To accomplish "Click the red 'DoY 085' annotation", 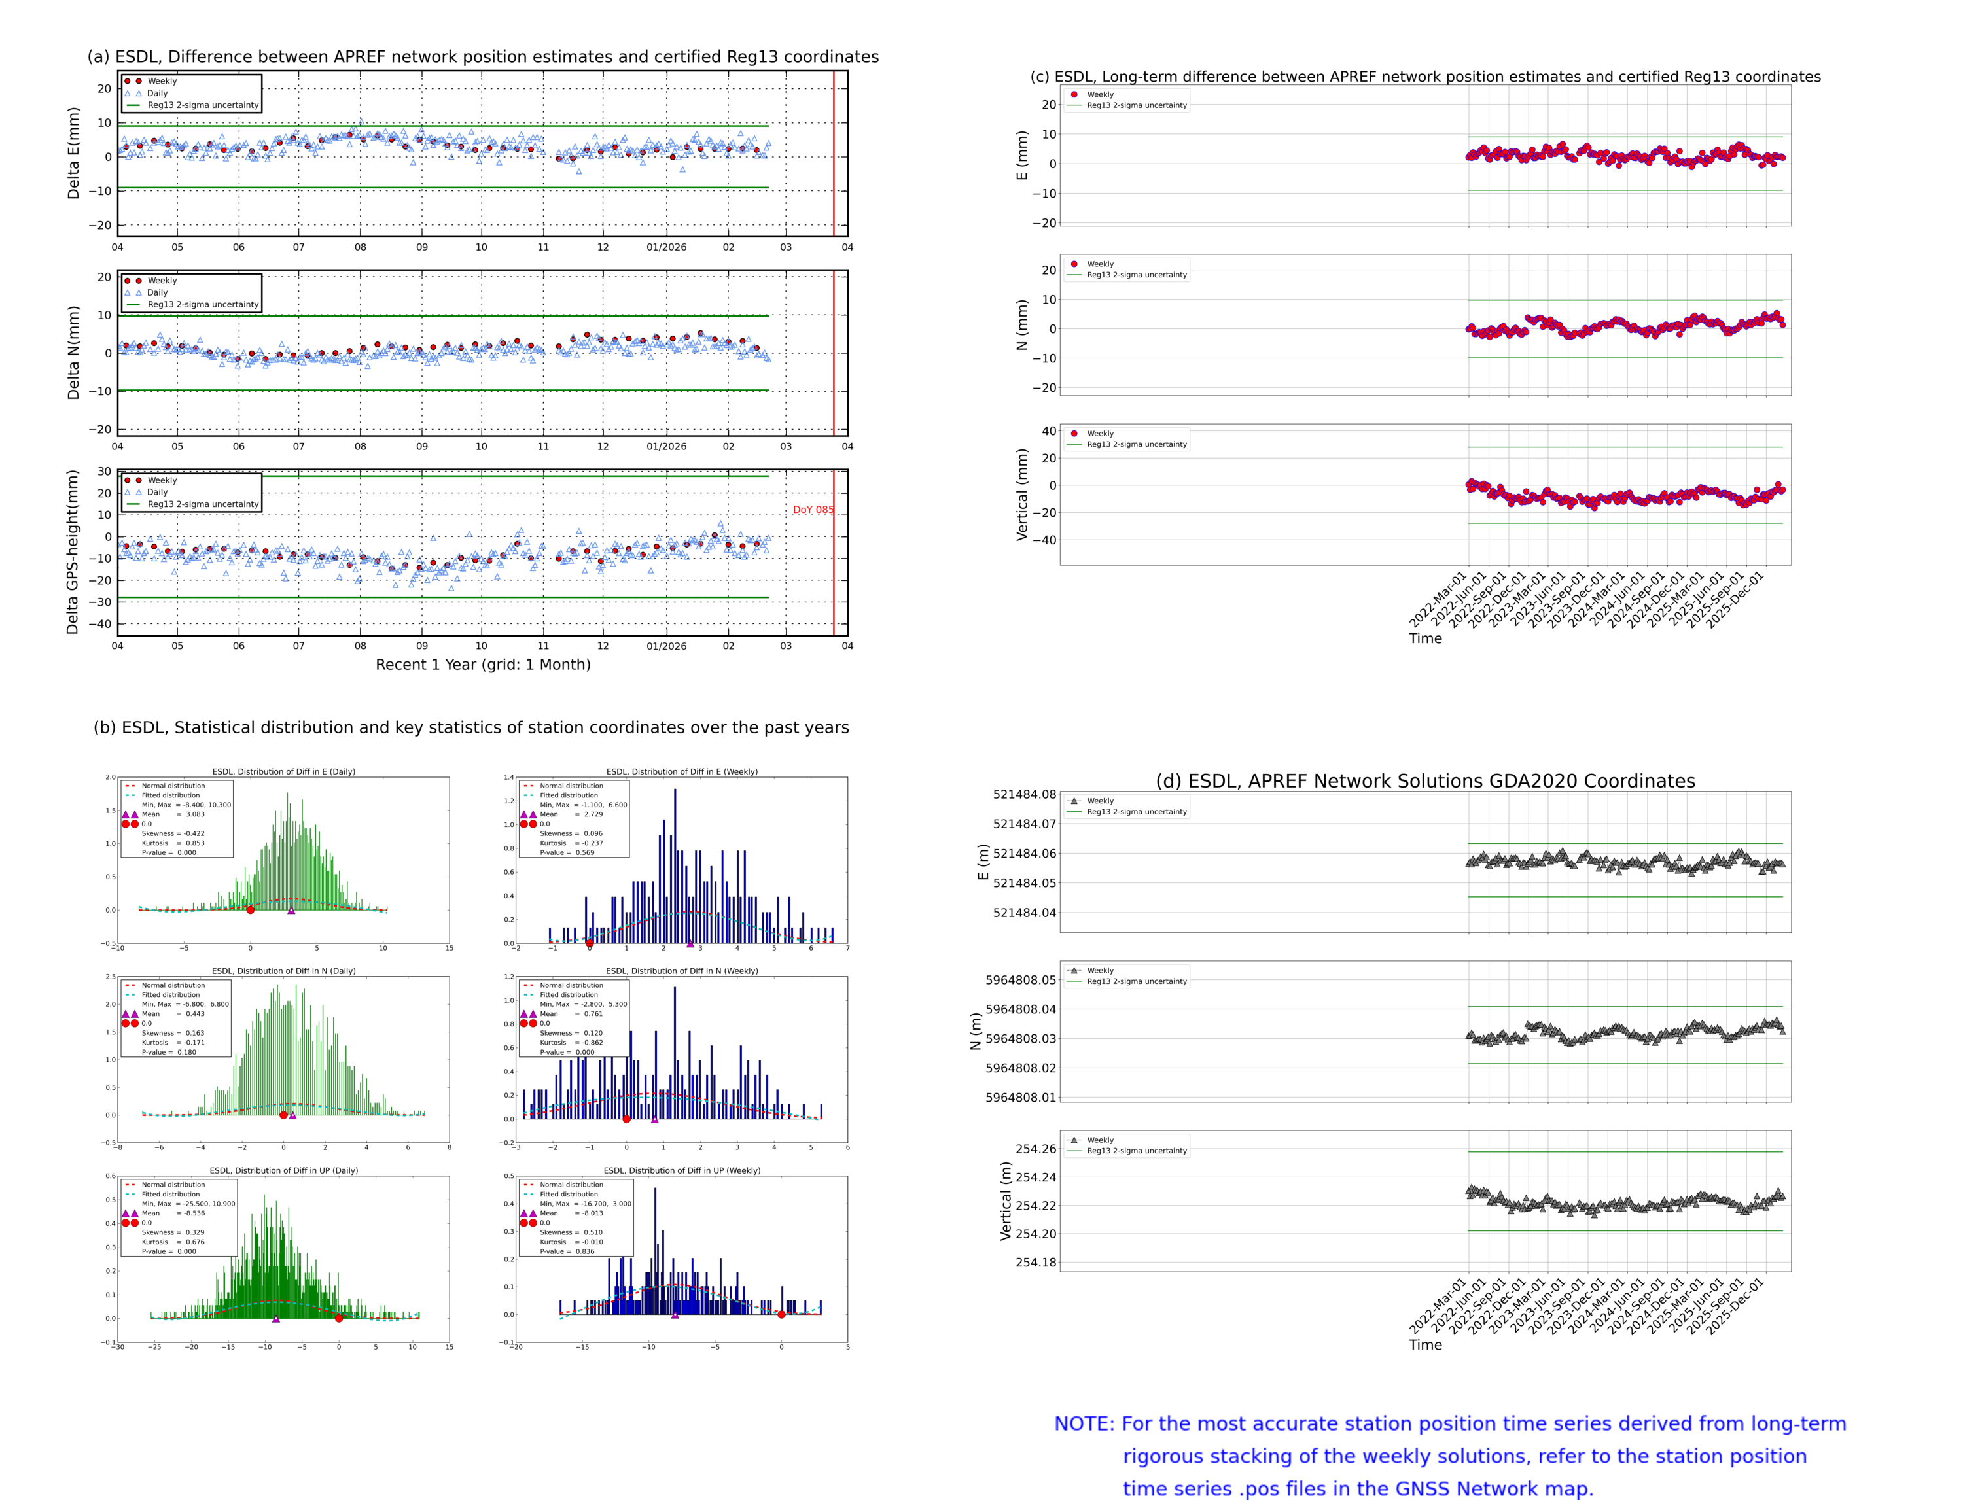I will pos(813,510).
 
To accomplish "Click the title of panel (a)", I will pos(482,57).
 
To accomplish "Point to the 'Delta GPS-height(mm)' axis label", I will pos(73,551).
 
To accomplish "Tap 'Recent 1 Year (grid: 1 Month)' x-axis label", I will pos(482,664).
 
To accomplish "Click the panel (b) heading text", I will pos(470,727).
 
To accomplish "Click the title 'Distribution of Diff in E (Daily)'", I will pos(283,771).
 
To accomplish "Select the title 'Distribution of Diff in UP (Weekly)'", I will pos(681,1170).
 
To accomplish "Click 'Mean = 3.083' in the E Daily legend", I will pos(172,814).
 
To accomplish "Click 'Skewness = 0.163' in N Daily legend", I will pos(172,1033).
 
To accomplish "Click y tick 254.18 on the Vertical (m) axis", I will pos(1035,1262).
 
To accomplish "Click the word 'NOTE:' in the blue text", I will pos(1084,1424).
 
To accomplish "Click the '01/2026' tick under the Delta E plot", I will pos(666,247).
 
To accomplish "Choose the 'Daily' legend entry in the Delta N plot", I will pos(157,293).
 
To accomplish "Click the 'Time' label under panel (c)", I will pos(1424,638).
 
